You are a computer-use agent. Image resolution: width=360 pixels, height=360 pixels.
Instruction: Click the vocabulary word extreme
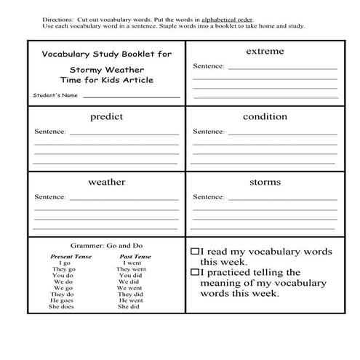pos(265,52)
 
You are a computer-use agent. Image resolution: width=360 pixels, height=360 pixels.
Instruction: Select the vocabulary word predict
pos(106,116)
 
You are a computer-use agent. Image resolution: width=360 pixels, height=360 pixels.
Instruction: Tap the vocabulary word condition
pos(265,116)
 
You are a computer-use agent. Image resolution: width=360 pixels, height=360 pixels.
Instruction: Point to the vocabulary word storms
pos(265,182)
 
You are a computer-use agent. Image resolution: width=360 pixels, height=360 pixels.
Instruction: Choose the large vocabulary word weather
pos(106,182)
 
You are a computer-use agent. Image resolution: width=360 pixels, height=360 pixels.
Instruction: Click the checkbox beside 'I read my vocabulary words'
pos(194,250)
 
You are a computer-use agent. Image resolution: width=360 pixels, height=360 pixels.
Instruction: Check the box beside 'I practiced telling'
pos(194,272)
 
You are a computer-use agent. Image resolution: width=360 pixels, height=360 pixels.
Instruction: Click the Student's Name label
pos(55,95)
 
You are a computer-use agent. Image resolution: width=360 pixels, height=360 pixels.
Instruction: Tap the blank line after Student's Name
pos(131,96)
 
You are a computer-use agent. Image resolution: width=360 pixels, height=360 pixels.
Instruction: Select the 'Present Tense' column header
pos(70,256)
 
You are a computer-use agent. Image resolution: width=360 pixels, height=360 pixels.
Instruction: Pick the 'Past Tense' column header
pos(135,256)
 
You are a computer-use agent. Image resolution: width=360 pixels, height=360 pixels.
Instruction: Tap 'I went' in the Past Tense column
pos(132,263)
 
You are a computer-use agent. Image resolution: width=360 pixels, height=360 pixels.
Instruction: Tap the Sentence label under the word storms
pos(209,197)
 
